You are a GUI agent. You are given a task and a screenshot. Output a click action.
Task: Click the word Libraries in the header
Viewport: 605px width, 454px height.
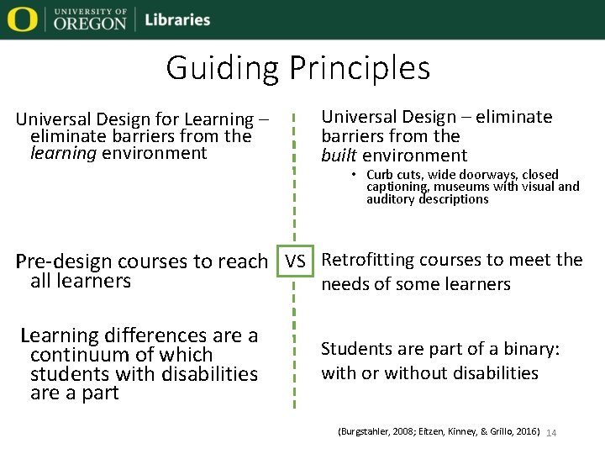[x=177, y=19]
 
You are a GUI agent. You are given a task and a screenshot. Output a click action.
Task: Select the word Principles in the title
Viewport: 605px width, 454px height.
[x=360, y=67]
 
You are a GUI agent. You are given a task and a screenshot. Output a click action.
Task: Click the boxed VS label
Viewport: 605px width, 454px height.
[x=294, y=261]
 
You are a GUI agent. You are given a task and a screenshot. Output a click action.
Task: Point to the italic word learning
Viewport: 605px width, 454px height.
[x=63, y=153]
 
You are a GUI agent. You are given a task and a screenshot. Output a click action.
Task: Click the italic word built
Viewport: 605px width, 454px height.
[x=339, y=156]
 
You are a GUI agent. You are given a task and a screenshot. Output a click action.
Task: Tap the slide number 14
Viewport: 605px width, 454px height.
[x=552, y=432]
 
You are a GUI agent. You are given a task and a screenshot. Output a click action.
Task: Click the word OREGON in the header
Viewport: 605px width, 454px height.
[x=90, y=24]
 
